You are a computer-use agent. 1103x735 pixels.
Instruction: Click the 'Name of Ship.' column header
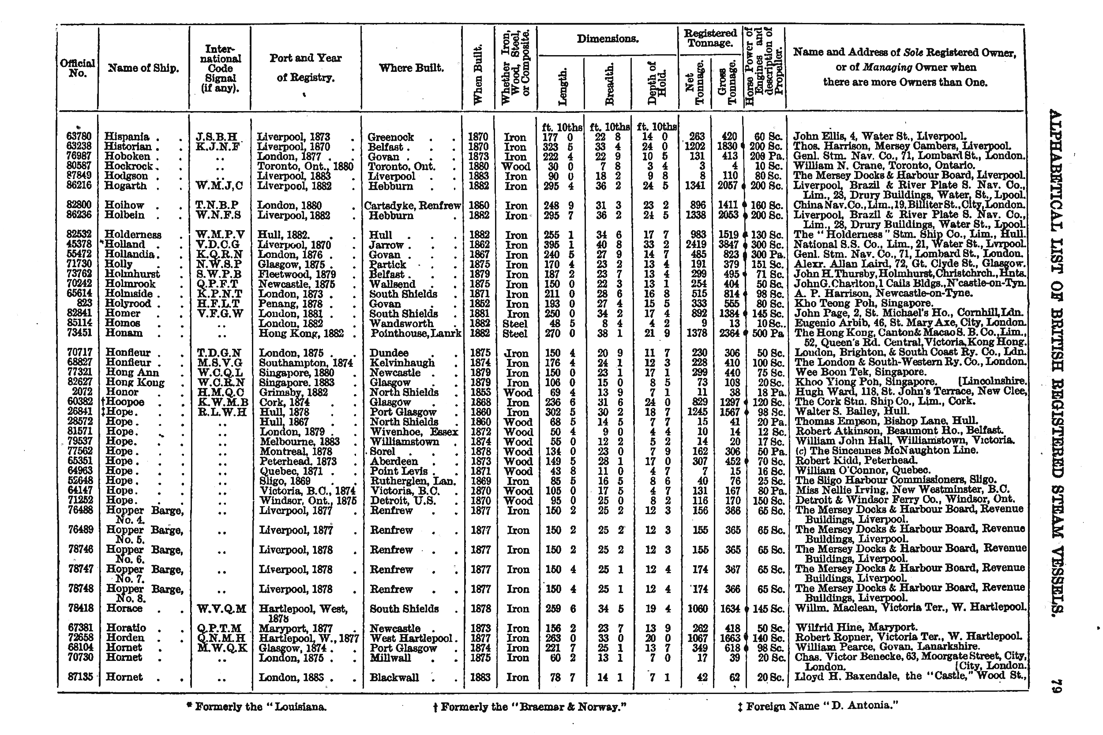(143, 68)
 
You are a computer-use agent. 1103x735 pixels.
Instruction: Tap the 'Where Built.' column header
(411, 68)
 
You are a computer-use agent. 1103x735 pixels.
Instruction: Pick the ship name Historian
(128, 147)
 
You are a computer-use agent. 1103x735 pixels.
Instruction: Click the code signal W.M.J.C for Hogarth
(219, 186)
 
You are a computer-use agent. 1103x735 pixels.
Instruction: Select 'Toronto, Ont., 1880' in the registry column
(305, 166)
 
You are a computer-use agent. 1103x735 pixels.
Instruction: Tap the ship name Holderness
(133, 235)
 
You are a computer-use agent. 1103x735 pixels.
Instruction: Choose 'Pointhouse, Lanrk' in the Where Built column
(416, 333)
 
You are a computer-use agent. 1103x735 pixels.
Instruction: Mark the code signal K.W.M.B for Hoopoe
(222, 402)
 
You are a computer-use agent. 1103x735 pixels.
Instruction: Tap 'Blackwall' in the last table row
(394, 677)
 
